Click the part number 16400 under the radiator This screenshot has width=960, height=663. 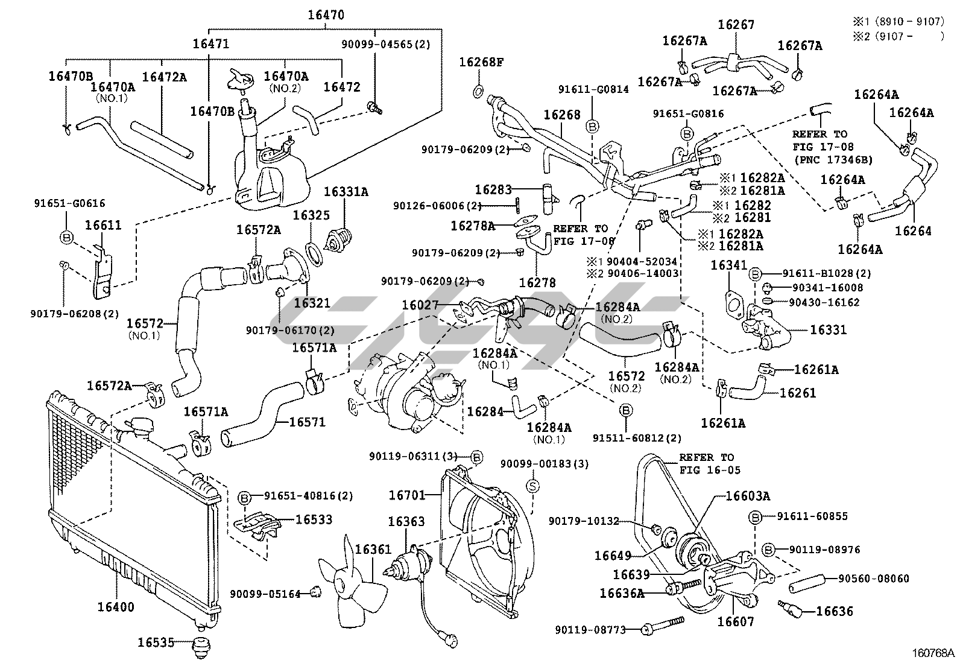[116, 607]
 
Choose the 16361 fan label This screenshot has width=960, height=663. [373, 550]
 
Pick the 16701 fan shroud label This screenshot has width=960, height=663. [406, 495]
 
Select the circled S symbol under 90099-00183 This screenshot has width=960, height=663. [534, 486]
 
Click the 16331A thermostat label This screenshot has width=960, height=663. [346, 192]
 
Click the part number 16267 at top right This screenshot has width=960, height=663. [736, 24]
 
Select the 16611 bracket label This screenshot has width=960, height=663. [103, 225]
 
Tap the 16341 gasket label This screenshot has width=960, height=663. [728, 265]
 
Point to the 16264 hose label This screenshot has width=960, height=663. [913, 230]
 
